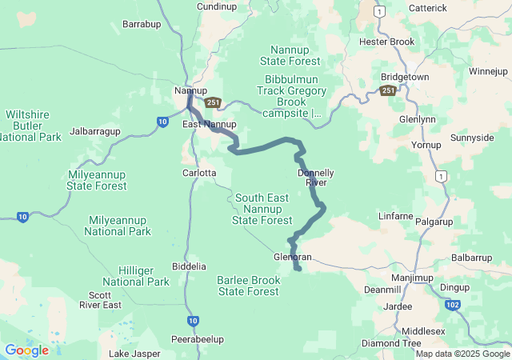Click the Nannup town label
click(x=190, y=90)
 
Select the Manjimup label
click(x=412, y=278)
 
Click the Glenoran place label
click(x=292, y=257)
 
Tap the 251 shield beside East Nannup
click(x=212, y=102)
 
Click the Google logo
click(x=26, y=350)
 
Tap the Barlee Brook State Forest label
click(x=249, y=286)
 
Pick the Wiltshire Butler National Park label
click(x=33, y=126)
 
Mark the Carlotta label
click(x=199, y=173)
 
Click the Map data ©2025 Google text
click(x=462, y=354)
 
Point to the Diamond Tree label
click(x=391, y=343)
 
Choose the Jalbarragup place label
click(x=95, y=130)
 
